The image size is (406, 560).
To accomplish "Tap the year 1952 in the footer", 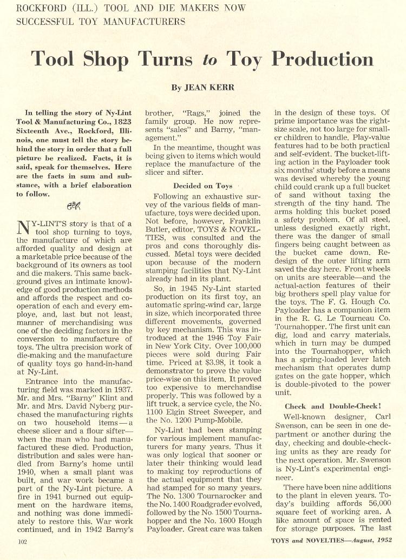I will pos(396,539).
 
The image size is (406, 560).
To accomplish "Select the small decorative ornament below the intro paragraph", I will pos(73,206).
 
